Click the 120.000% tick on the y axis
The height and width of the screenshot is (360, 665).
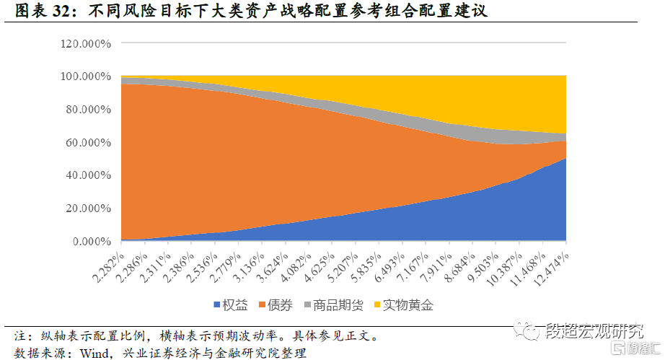pos(86,43)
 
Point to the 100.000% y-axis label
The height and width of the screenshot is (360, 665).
pos(86,76)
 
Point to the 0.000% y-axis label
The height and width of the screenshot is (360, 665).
pos(90,242)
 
